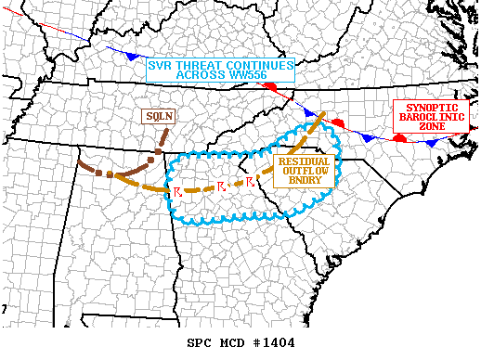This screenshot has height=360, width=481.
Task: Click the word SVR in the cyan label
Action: [x=162, y=66]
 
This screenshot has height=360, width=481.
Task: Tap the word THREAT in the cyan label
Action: [x=201, y=66]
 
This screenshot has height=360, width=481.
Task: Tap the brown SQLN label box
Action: [x=157, y=116]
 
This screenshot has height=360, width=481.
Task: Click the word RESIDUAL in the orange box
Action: [x=305, y=161]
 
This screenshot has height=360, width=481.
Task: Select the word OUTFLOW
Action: [x=305, y=170]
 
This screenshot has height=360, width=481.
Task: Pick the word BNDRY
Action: [x=305, y=179]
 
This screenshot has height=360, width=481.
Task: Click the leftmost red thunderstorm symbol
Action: [x=176, y=191]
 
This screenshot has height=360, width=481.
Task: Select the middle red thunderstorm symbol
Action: [x=221, y=186]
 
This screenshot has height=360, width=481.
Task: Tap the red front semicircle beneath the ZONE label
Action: [x=399, y=137]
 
